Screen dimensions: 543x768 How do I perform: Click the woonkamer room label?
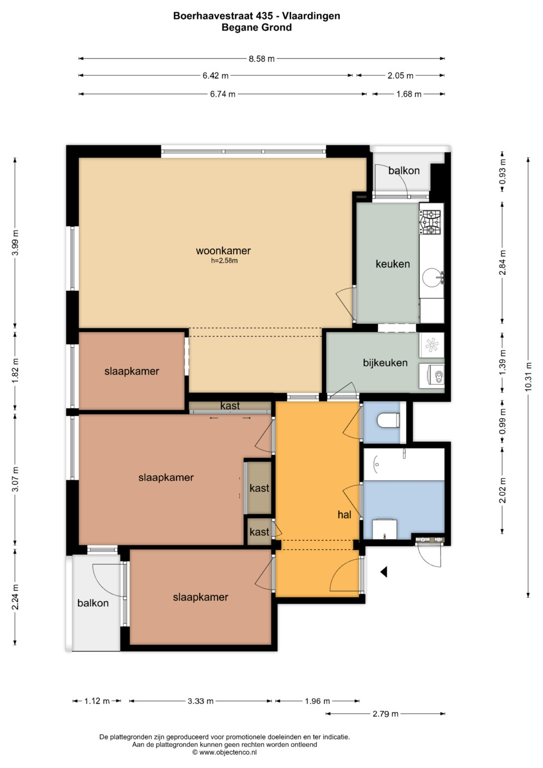223,250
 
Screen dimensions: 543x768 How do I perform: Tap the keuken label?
393,264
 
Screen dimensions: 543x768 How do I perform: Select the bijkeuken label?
385,363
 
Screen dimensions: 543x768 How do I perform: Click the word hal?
344,515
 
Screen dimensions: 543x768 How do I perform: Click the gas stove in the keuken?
430,222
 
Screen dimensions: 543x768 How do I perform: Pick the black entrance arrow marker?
384,571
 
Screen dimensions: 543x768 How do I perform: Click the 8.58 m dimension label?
261,59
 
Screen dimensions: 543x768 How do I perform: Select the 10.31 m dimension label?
528,376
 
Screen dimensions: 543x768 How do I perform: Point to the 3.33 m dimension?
201,701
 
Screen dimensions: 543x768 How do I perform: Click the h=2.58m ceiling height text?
224,261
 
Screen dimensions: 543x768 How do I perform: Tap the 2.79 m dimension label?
385,714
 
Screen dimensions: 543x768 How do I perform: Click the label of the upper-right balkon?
404,170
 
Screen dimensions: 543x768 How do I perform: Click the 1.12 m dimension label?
97,701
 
